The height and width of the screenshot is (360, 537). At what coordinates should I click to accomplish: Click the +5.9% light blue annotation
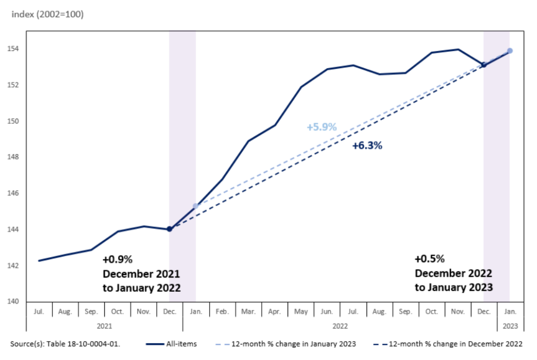[x=321, y=126]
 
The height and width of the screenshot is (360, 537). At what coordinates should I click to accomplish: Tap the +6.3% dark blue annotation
[x=367, y=146]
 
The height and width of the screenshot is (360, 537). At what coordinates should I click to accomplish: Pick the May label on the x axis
[x=300, y=312]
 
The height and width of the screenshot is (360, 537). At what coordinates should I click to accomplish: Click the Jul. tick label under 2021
[x=39, y=312]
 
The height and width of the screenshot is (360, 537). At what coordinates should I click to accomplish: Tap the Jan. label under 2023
[x=510, y=312]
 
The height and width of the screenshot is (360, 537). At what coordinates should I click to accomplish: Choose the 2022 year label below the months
[x=340, y=326]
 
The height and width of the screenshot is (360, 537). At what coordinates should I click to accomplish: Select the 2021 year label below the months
[x=104, y=326]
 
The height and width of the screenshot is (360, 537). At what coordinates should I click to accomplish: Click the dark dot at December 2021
[x=169, y=229]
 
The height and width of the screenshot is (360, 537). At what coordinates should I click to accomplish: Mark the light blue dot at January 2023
[x=510, y=51]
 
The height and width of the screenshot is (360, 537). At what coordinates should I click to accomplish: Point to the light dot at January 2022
[x=196, y=206]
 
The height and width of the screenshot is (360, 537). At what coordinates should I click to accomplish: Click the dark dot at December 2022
[x=484, y=65]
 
